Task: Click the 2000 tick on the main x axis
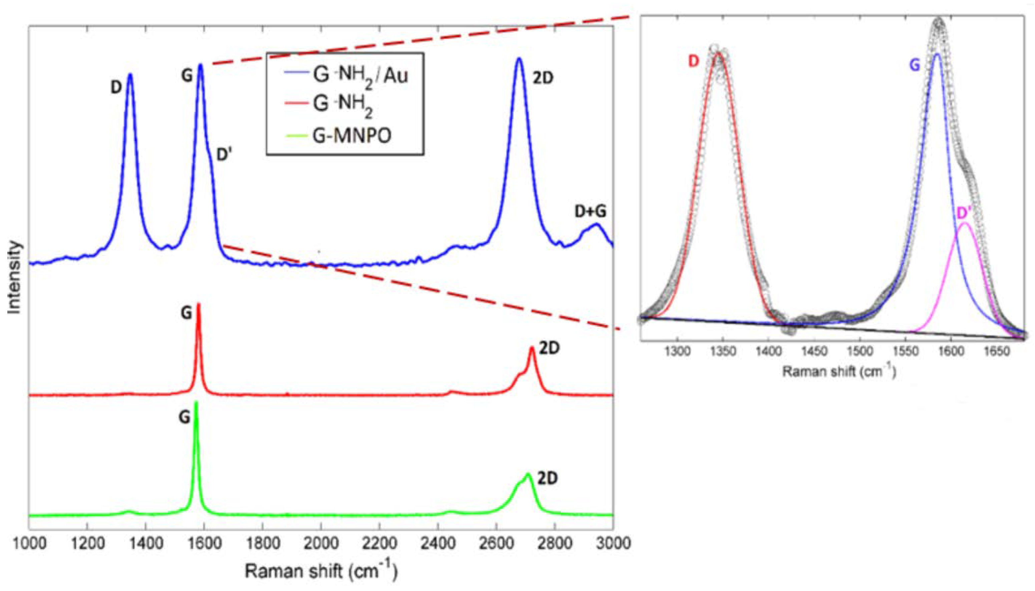point(321,543)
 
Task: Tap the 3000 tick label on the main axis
point(612,543)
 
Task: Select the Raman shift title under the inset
point(838,371)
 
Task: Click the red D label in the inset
point(694,61)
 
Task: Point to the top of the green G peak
point(197,402)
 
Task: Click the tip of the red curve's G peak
point(199,304)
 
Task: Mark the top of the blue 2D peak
point(519,58)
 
